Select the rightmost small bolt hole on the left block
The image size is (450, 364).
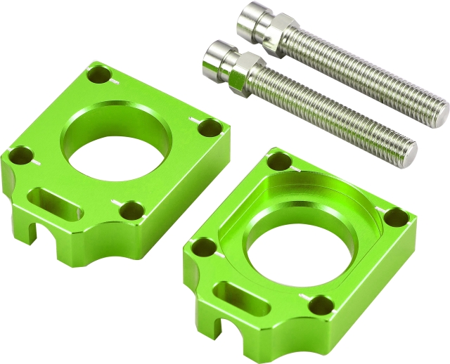point(208,128)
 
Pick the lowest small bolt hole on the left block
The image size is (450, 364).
point(131,209)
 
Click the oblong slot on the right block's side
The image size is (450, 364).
point(238,295)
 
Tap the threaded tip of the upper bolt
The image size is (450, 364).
point(439,108)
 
